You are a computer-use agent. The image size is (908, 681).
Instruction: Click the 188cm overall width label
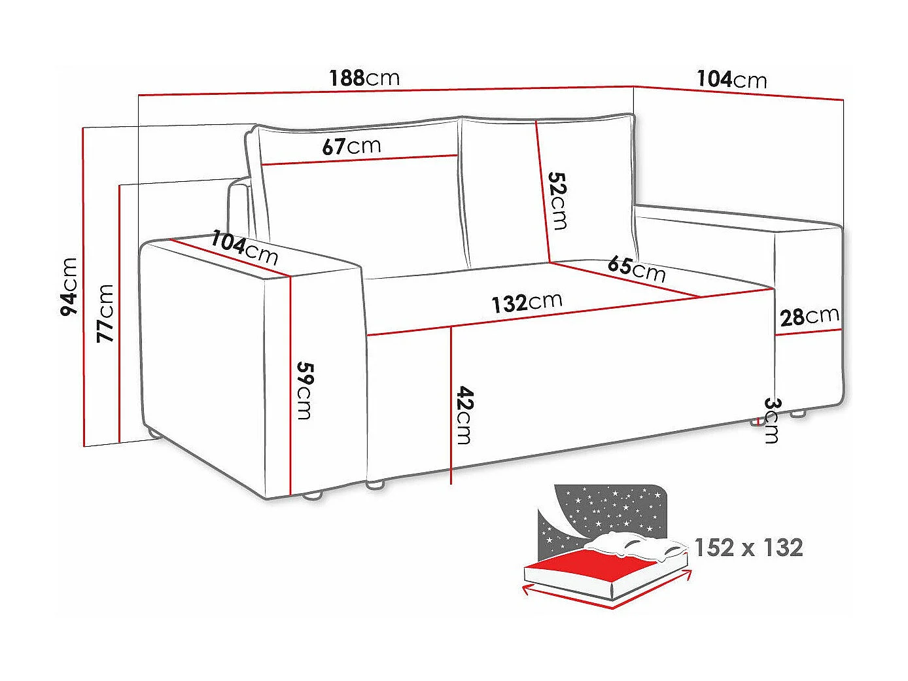tap(364, 78)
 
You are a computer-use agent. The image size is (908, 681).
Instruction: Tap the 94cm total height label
tap(69, 287)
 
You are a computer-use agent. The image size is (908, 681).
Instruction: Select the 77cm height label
tap(105, 313)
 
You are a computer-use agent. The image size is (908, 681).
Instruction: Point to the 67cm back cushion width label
tap(351, 146)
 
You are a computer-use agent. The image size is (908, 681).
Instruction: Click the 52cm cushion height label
tap(557, 200)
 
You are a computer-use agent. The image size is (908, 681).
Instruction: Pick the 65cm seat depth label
tap(636, 268)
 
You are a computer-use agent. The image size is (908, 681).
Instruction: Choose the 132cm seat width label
tap(527, 302)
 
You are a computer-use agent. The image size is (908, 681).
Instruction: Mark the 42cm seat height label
tap(464, 415)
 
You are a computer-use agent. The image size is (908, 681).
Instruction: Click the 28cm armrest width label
tap(809, 317)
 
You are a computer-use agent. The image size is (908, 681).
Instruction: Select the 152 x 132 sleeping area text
tap(748, 547)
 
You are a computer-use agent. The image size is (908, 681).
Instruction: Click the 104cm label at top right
tap(731, 79)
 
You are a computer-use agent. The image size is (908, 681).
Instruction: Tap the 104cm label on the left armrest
tap(244, 247)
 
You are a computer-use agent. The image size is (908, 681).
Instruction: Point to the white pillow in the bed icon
tap(635, 544)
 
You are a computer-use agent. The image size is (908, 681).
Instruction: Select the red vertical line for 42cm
tap(451, 406)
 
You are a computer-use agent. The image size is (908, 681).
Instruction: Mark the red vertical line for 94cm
tap(84, 288)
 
